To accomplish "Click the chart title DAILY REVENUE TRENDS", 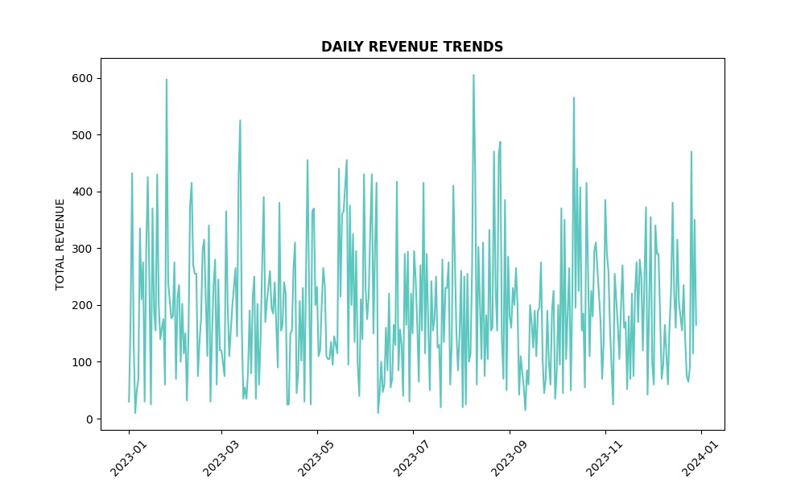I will tap(412, 47).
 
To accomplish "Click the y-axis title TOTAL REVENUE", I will tap(60, 244).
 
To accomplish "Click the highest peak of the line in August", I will tap(473, 75).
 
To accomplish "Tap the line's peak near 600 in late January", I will tap(167, 80).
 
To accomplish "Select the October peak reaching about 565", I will tap(574, 97).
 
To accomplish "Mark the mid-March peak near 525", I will tap(240, 121).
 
